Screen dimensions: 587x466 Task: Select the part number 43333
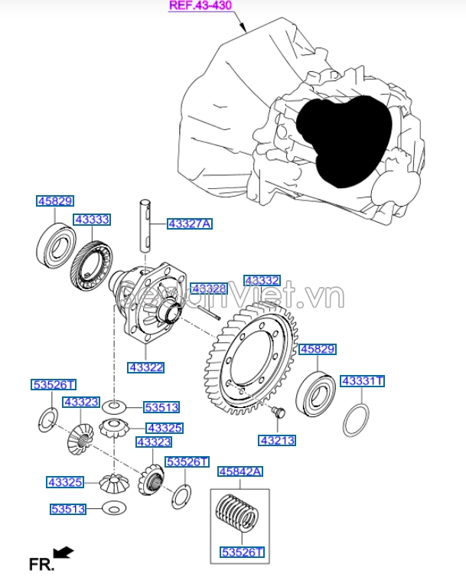92,220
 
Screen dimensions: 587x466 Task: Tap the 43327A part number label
189,224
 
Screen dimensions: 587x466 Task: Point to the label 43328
209,289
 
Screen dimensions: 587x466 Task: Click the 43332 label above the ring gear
262,281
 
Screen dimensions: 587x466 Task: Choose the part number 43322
145,367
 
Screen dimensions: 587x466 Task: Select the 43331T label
362,380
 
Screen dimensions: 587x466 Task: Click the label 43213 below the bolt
277,441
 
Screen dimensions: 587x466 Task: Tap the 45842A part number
240,472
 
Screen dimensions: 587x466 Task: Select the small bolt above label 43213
277,414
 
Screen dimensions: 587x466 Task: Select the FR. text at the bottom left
41,565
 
